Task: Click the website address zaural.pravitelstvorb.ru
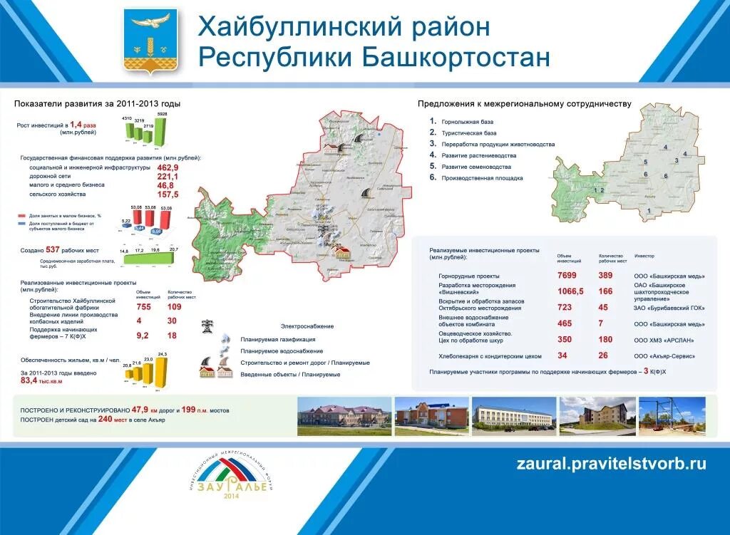pos(611,463)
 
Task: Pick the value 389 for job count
pos(605,276)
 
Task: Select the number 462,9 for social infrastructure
pos(168,167)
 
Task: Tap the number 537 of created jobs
pos(52,250)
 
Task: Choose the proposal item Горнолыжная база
pos(467,122)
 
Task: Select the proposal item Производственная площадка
pos(482,178)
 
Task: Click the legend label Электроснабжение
pos(307,326)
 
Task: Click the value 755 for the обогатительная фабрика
pos(143,306)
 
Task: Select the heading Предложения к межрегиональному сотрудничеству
pos(524,104)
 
